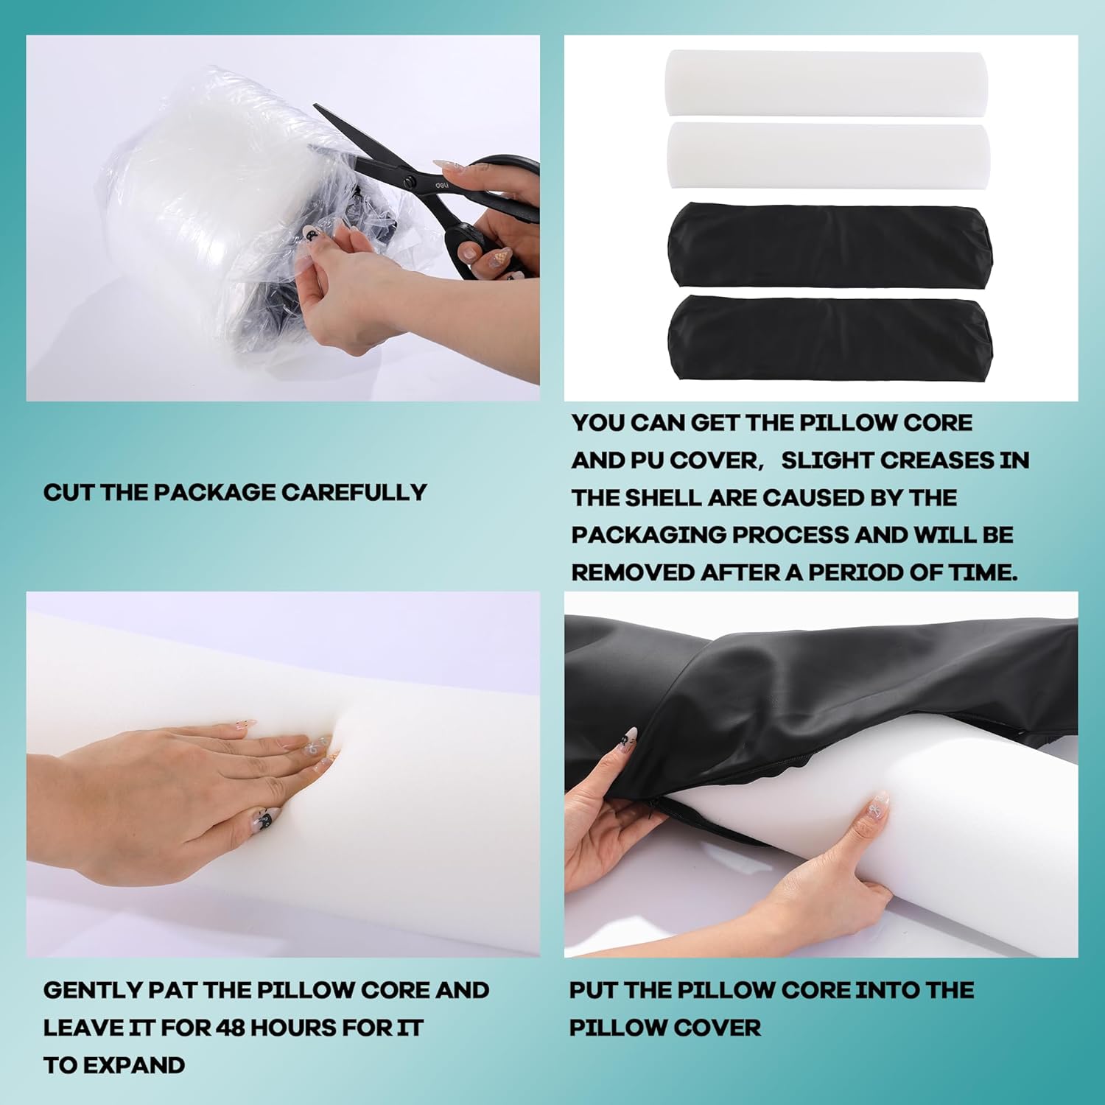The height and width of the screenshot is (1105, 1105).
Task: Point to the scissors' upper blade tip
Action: tap(315, 105)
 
